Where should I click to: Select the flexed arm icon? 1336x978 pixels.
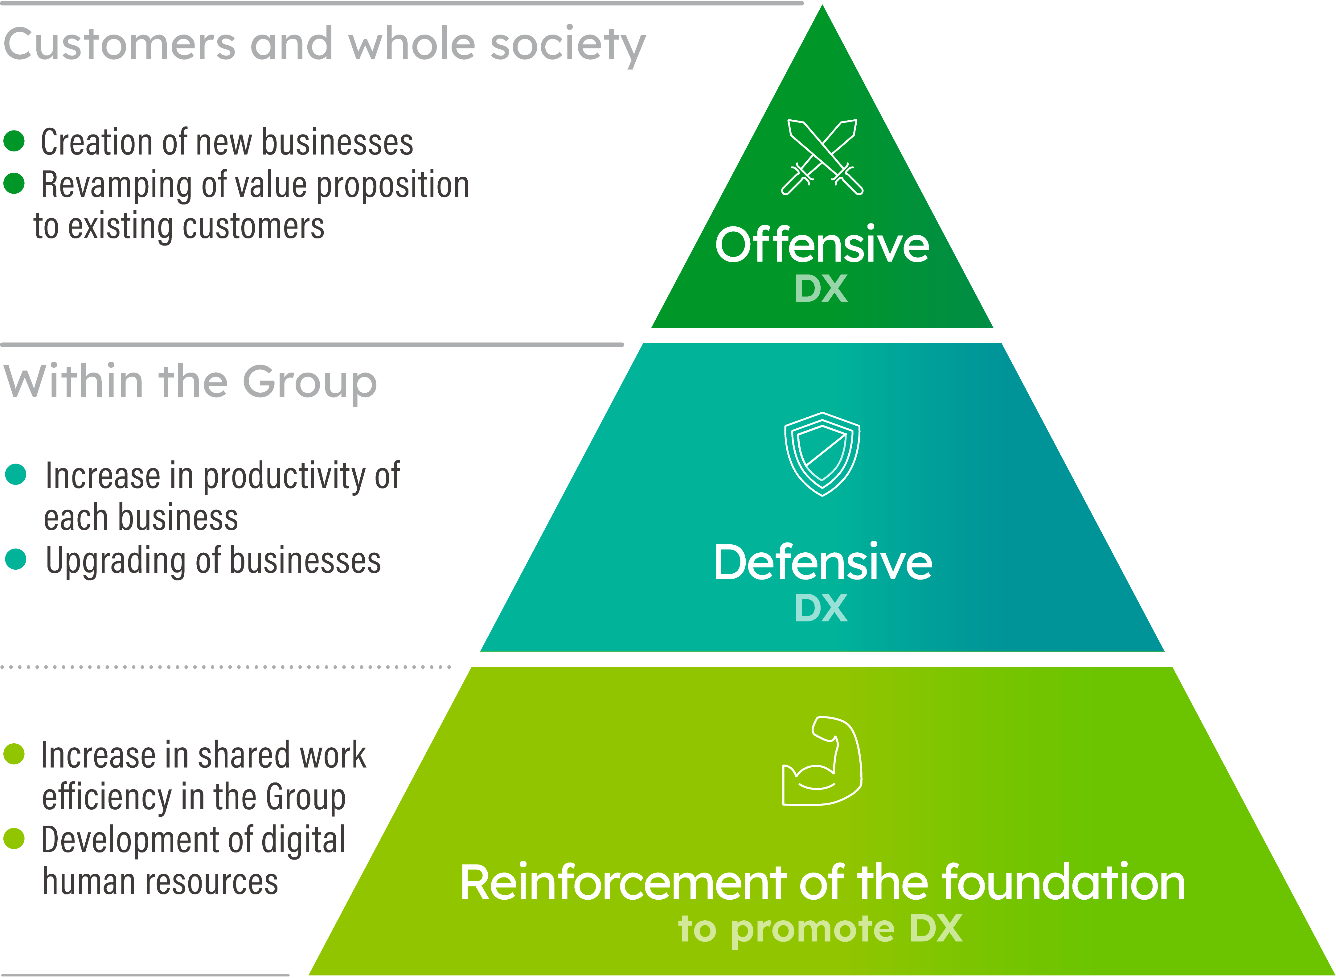(822, 761)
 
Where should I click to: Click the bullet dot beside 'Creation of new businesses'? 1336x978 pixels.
(14, 141)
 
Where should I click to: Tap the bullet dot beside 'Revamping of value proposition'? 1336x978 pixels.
(14, 184)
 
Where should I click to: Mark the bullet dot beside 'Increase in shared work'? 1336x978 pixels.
(14, 754)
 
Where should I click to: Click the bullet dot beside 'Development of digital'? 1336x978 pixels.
(14, 838)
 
